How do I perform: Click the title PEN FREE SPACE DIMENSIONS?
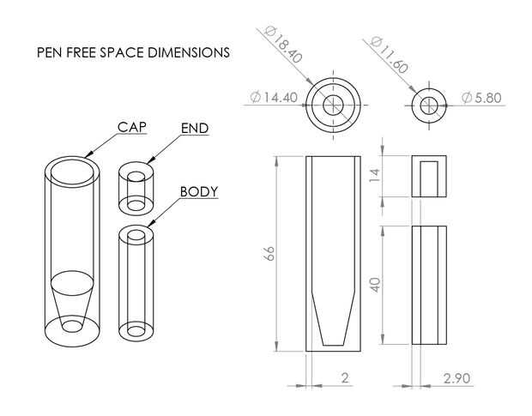(133, 52)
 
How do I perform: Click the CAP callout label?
(132, 127)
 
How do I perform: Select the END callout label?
(195, 129)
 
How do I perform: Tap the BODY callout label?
(199, 192)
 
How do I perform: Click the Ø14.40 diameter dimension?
(274, 97)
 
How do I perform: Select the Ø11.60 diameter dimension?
(389, 55)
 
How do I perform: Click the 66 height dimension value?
(269, 253)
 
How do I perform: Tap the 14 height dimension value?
(375, 175)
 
